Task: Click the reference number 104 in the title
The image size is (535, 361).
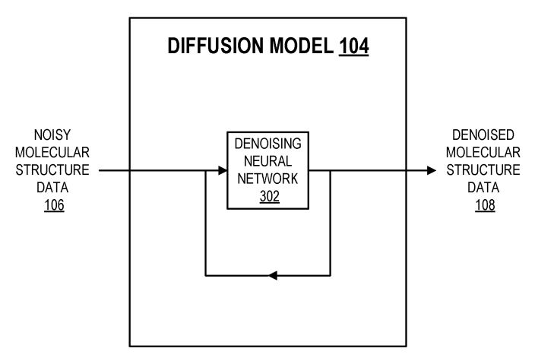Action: (353, 46)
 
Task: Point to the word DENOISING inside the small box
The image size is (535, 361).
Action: (268, 144)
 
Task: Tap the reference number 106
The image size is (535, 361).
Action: (54, 204)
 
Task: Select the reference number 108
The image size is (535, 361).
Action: (484, 204)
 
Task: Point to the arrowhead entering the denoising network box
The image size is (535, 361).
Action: (223, 170)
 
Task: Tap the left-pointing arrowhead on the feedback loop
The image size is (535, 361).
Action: (274, 274)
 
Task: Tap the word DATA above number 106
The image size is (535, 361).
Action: (54, 187)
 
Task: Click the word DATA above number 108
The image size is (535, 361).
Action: (484, 187)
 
